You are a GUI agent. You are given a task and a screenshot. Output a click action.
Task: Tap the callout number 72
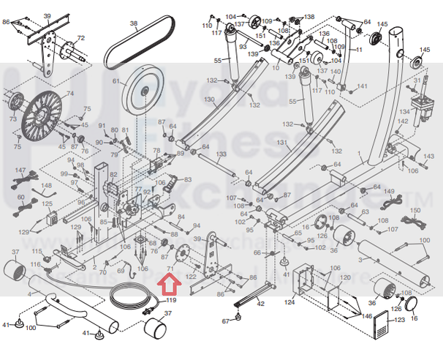[80, 37]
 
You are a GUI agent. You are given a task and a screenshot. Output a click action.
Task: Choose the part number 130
[209, 99]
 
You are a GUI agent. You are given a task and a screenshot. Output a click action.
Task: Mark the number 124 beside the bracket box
[289, 301]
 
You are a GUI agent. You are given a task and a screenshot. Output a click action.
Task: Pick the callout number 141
[361, 87]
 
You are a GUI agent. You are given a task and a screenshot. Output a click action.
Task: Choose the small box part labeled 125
[51, 218]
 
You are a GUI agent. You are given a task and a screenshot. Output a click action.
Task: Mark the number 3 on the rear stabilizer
[359, 258]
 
